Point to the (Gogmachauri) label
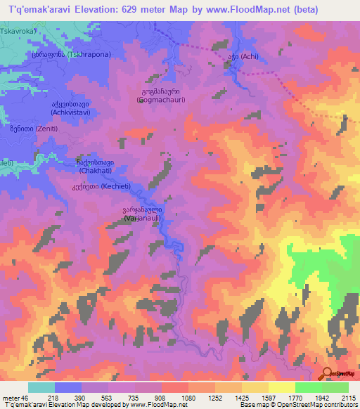click(160, 100)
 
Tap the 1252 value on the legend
click(215, 397)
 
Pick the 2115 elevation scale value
click(348, 397)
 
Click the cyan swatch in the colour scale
click(41, 387)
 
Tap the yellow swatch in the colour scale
click(282, 387)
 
